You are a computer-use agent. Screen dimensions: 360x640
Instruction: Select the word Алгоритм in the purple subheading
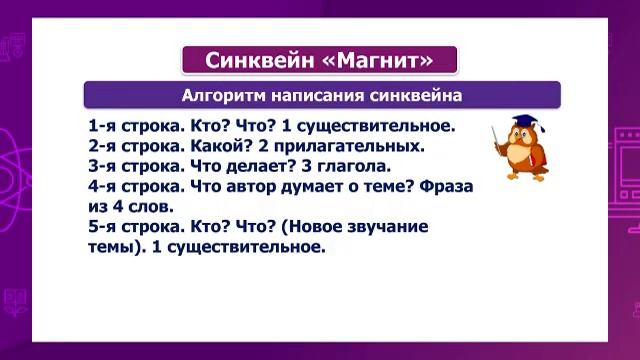[225, 97]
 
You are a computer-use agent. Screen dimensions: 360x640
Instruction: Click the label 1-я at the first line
[102, 127]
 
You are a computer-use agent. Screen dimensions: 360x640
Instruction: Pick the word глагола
[353, 166]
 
